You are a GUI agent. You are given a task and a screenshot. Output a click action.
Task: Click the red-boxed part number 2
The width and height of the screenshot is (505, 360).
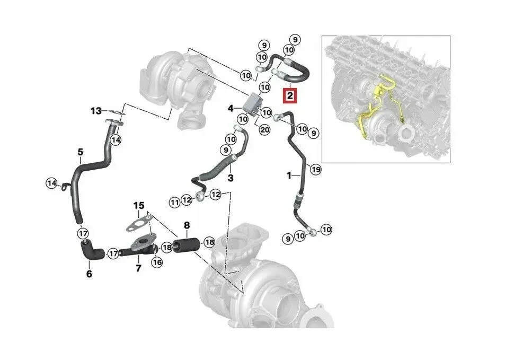[x=291, y=96]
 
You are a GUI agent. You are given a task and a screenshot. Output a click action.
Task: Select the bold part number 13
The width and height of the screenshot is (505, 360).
[x=96, y=111]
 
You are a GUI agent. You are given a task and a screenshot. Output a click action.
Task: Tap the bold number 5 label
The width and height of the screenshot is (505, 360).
[x=80, y=153]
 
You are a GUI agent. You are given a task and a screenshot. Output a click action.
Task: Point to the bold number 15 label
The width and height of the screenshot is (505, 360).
[x=138, y=205]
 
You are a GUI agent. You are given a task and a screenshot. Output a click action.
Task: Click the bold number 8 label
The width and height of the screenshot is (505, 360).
[x=187, y=225]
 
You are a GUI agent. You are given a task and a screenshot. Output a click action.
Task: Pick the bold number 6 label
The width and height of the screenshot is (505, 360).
[x=89, y=274]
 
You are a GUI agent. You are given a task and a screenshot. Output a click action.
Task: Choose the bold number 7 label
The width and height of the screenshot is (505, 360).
[x=138, y=269]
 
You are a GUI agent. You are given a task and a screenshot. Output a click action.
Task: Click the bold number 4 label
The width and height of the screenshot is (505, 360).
[x=231, y=108]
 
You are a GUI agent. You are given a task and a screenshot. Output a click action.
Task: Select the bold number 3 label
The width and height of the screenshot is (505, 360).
[x=231, y=178]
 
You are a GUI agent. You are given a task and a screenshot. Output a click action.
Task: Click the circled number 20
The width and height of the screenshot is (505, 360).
[x=264, y=129]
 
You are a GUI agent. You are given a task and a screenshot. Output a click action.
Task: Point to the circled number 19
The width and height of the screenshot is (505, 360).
[x=315, y=170]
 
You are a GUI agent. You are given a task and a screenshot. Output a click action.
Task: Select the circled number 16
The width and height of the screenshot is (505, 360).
[x=156, y=262]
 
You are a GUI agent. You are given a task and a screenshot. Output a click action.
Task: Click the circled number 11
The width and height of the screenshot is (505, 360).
[x=174, y=201]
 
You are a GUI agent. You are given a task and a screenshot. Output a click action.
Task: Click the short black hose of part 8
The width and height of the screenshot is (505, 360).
[x=186, y=246]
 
